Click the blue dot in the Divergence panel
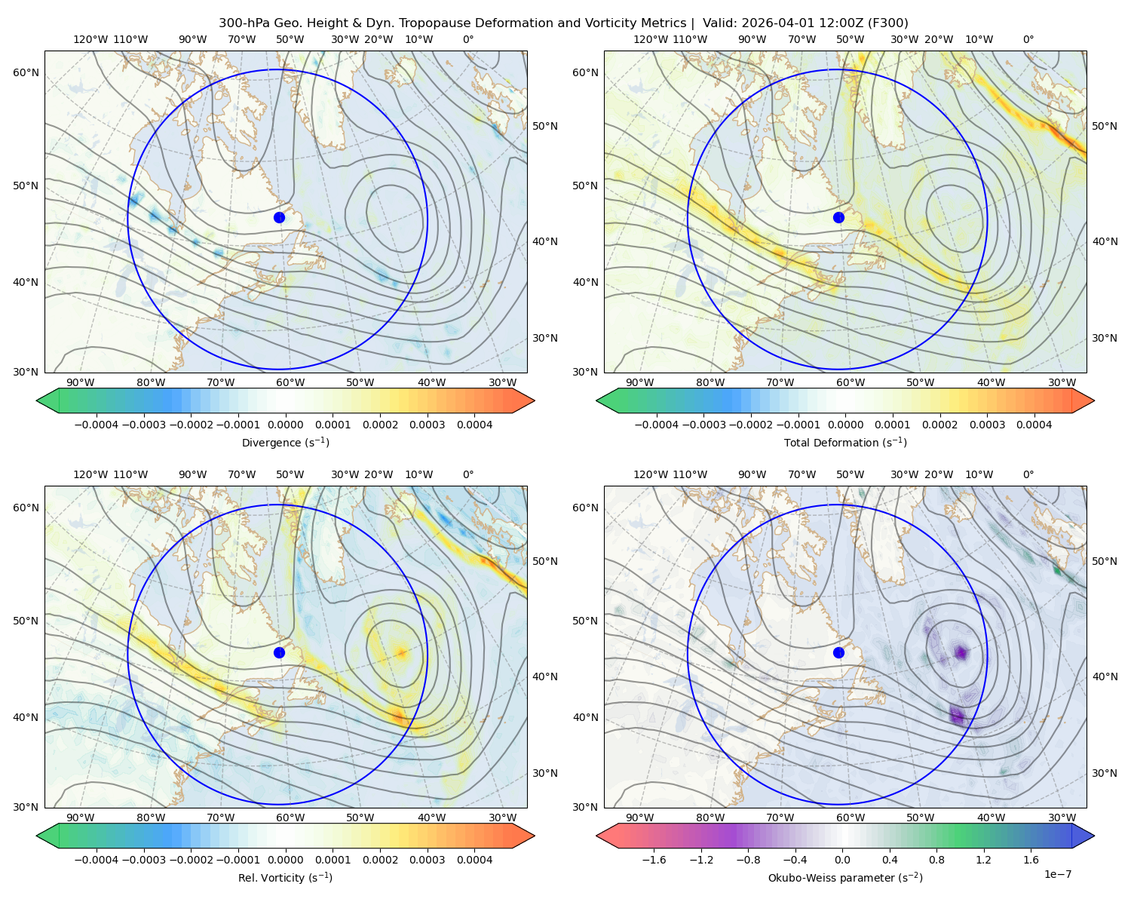click(279, 217)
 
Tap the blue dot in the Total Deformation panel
click(838, 217)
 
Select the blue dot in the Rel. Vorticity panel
click(279, 652)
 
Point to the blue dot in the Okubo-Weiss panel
click(838, 652)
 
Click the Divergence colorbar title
click(285, 442)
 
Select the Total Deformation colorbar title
click(845, 442)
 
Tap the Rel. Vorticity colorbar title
click(285, 877)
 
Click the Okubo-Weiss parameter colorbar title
click(845, 877)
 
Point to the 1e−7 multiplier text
click(1057, 874)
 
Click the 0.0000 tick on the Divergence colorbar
click(285, 425)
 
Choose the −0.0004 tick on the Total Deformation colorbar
click(657, 425)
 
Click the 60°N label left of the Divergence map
click(26, 72)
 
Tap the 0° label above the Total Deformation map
click(1028, 39)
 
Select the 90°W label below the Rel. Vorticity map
click(81, 818)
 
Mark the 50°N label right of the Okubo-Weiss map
click(1104, 561)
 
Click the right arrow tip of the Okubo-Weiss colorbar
click(1094, 836)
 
